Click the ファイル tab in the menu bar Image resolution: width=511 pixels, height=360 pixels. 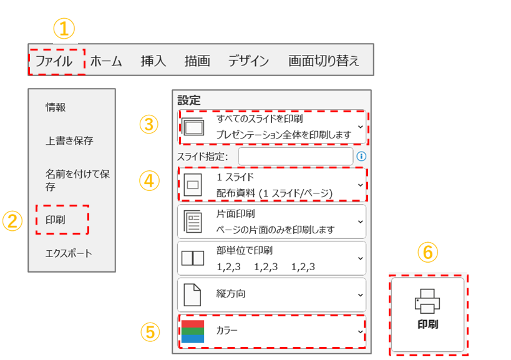54,61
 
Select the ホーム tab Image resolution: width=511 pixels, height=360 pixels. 106,61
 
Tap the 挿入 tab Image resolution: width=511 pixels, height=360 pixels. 153,61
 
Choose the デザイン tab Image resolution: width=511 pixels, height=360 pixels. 248,61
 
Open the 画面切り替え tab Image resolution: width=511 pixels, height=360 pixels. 324,61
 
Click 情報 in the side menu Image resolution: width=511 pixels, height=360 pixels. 56,107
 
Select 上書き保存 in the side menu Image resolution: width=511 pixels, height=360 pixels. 69,140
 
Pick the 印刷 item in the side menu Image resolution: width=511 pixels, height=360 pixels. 56,220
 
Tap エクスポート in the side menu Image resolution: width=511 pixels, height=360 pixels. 69,253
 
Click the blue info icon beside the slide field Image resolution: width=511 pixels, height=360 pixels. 361,157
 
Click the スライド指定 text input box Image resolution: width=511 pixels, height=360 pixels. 296,157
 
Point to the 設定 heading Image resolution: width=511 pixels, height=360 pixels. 189,100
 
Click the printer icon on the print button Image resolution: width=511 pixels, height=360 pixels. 427,301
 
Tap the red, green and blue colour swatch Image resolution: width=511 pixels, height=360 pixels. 193,331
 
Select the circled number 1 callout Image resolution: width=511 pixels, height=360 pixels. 64,29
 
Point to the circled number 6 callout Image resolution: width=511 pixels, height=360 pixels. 427,252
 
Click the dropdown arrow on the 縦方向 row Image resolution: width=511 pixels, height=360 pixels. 361,295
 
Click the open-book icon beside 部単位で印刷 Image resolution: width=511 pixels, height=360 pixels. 193,258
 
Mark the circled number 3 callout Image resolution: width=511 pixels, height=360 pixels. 149,124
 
